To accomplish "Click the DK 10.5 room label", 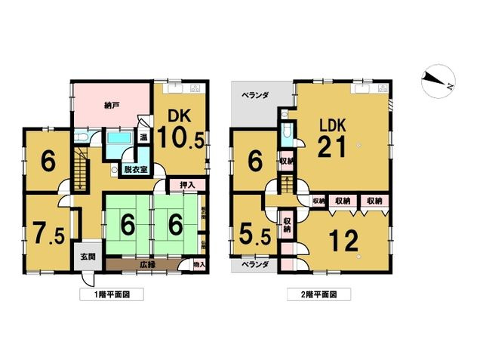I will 181,129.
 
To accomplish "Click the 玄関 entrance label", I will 87,257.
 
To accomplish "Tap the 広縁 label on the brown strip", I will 148,265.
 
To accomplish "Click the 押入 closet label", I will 188,183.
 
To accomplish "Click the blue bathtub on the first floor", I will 117,141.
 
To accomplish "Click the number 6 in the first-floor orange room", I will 47,161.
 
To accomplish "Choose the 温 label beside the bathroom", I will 143,137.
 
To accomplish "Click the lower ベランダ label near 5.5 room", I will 256,266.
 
